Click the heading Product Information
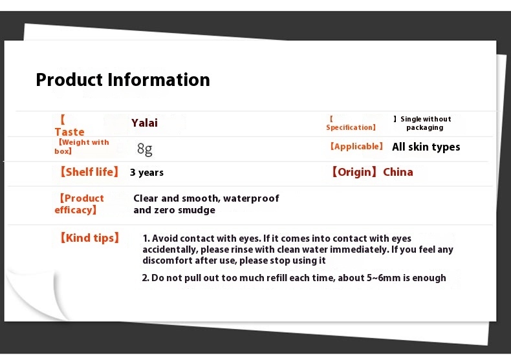[x=123, y=80]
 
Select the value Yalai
[x=144, y=123]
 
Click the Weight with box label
[x=82, y=147]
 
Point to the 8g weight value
[x=145, y=149]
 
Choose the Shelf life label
[x=89, y=172]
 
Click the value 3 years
[x=147, y=173]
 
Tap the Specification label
[x=351, y=123]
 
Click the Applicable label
[x=356, y=147]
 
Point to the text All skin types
[x=426, y=147]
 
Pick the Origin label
[x=354, y=172]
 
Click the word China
[x=398, y=172]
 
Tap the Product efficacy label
[x=79, y=204]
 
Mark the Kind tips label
[x=89, y=238]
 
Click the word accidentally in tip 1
[x=170, y=250]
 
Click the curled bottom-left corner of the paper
[x=32, y=295]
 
